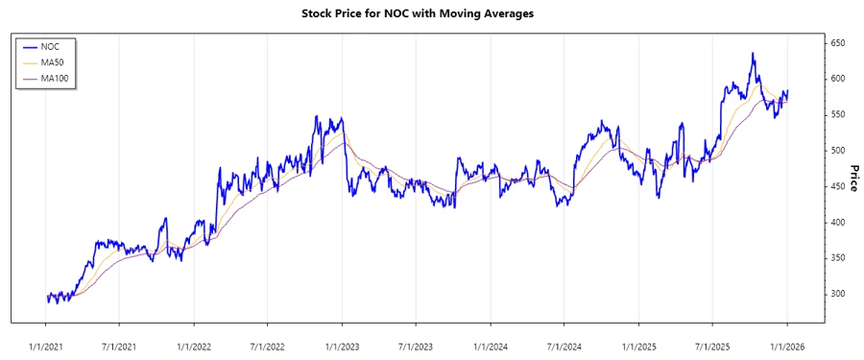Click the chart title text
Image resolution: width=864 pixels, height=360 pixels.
(431, 13)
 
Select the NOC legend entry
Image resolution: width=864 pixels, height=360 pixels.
(51, 46)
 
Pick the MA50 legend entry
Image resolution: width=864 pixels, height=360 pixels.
(54, 62)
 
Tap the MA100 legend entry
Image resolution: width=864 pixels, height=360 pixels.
(56, 78)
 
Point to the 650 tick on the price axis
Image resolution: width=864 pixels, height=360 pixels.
(839, 43)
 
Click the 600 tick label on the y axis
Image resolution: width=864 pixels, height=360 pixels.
(839, 79)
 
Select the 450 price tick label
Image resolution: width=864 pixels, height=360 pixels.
(839, 186)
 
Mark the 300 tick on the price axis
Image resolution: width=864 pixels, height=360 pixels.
(839, 294)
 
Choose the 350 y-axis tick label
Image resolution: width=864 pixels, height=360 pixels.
(839, 258)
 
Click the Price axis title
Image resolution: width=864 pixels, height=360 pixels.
(852, 178)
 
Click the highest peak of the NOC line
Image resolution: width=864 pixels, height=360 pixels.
(753, 54)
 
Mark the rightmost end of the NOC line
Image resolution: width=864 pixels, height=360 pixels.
(788, 91)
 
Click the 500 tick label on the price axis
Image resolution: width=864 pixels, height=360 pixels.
(839, 151)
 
